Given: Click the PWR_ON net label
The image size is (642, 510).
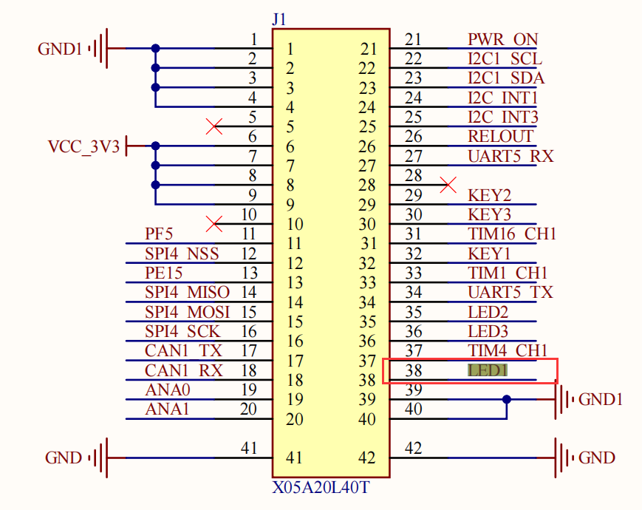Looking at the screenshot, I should click(502, 39).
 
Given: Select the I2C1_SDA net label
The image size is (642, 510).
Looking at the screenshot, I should click(505, 78).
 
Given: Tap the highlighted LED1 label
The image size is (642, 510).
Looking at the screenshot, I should click(488, 370).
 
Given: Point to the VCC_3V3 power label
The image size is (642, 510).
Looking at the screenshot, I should click(83, 146).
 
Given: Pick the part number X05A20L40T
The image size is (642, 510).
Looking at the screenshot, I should click(320, 489).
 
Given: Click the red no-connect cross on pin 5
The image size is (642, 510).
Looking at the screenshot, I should click(215, 126).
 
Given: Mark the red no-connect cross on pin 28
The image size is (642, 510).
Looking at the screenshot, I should click(448, 185).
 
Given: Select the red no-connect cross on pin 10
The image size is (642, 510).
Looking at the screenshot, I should click(215, 223).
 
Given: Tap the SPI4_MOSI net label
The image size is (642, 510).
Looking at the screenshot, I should click(187, 312).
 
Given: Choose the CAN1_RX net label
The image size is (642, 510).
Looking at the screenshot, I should click(183, 370).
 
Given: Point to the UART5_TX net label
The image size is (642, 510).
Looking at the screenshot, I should click(510, 293).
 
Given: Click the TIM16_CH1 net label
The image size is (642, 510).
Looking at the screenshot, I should click(511, 234).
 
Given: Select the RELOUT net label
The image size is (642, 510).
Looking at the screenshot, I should click(500, 136).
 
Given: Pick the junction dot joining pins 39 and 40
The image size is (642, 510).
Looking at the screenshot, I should click(507, 400).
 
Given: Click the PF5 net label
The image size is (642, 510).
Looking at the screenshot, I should click(159, 234).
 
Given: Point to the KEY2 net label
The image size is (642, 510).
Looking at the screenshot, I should click(490, 196).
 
